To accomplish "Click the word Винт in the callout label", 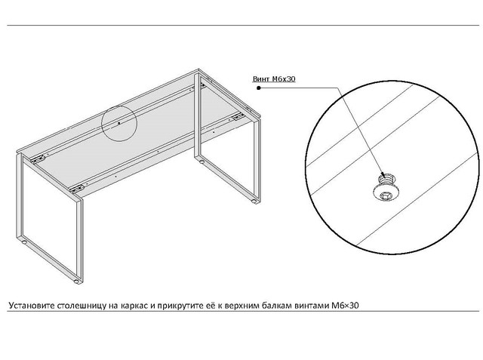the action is point(261,79).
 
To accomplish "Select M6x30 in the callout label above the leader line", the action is point(284,79).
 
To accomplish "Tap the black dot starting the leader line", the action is point(259,88).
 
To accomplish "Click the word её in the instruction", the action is point(208,306).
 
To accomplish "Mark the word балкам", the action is point(278,306).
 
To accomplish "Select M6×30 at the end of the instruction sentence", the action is point(345,306).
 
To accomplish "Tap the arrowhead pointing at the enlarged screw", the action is point(383,175).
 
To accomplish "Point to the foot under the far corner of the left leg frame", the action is point(23,242).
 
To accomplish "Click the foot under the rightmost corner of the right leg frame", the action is point(254,202).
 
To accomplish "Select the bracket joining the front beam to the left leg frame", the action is point(77,188).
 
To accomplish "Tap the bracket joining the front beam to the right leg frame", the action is point(238,117).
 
